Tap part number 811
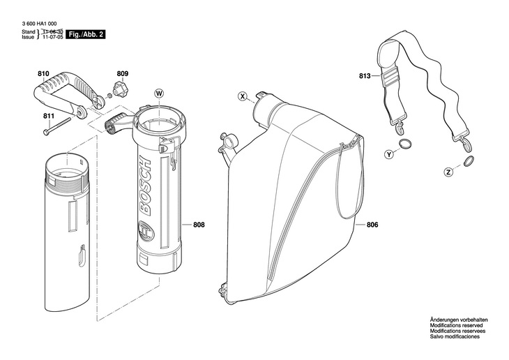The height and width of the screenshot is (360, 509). (48, 116)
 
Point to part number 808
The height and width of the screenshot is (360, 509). (199, 225)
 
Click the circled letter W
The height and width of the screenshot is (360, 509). (158, 93)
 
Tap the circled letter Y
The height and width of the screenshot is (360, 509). (388, 153)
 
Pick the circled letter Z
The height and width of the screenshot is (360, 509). (448, 172)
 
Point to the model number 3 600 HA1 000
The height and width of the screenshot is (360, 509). (38, 23)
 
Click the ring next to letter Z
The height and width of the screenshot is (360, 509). (468, 163)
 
